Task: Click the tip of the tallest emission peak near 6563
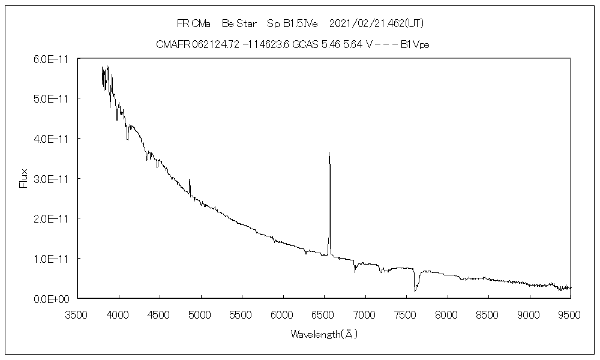coord(329,153)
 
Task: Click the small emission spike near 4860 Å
coord(189,180)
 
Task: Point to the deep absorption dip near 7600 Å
coord(415,290)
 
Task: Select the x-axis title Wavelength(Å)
coord(324,334)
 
